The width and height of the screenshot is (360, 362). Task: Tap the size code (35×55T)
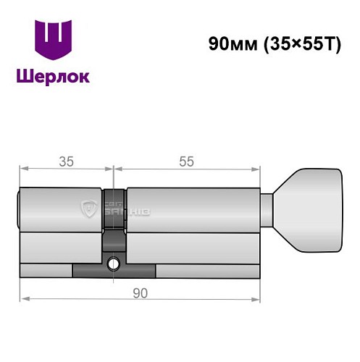(x=295, y=42)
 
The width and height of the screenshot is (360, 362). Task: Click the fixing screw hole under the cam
(x=114, y=264)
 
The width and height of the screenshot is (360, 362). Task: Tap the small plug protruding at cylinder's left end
(x=19, y=211)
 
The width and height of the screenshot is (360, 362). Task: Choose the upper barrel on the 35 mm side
(x=62, y=211)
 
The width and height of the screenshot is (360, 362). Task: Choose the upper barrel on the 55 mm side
(x=192, y=211)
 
